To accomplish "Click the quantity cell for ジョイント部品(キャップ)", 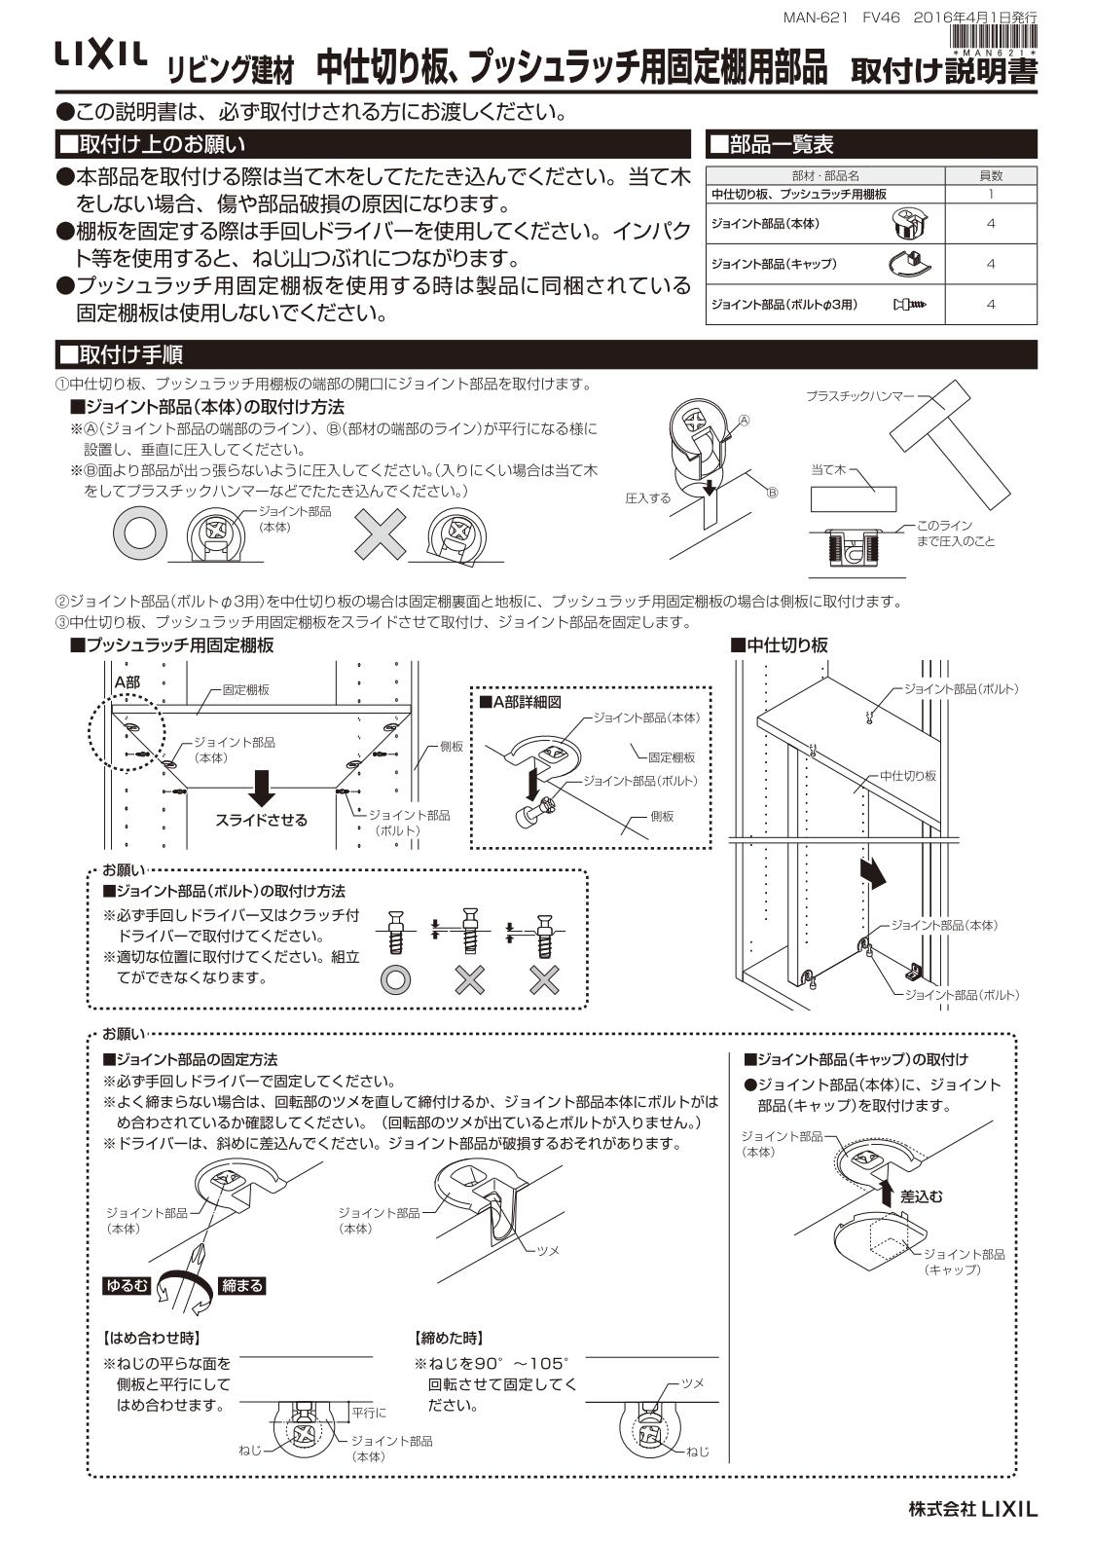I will pyautogui.click(x=990, y=264).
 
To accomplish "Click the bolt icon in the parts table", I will pyautogui.click(x=909, y=305).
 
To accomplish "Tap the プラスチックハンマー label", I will pyautogui.click(x=859, y=396).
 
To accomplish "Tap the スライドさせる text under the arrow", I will pyautogui.click(x=261, y=820).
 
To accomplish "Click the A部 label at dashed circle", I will pyautogui.click(x=127, y=682).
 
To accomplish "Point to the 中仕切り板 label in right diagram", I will pyautogui.click(x=907, y=776).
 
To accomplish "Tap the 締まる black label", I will pyautogui.click(x=242, y=1286).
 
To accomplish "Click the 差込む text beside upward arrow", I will pyautogui.click(x=921, y=1196).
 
